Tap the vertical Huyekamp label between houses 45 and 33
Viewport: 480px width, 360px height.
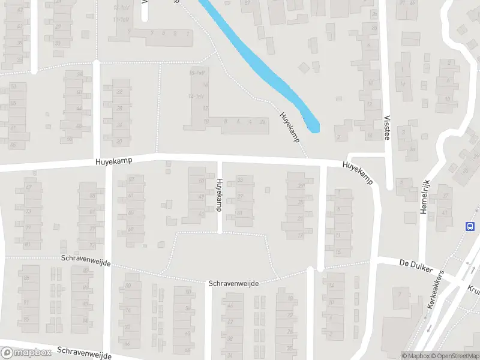pyautogui.click(x=219, y=194)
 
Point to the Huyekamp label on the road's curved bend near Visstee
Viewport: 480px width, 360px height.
pyautogui.click(x=358, y=173)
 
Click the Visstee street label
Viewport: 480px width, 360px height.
pyautogui.click(x=386, y=128)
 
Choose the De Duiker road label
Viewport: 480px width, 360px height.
pyautogui.click(x=416, y=265)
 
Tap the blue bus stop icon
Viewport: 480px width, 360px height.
pyautogui.click(x=470, y=226)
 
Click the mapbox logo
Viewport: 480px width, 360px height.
pyautogui.click(x=26, y=353)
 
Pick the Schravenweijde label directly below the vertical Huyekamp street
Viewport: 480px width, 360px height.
pyautogui.click(x=233, y=283)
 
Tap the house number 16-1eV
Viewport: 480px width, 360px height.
pyautogui.click(x=197, y=73)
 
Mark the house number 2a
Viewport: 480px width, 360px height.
pyautogui.click(x=262, y=122)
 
